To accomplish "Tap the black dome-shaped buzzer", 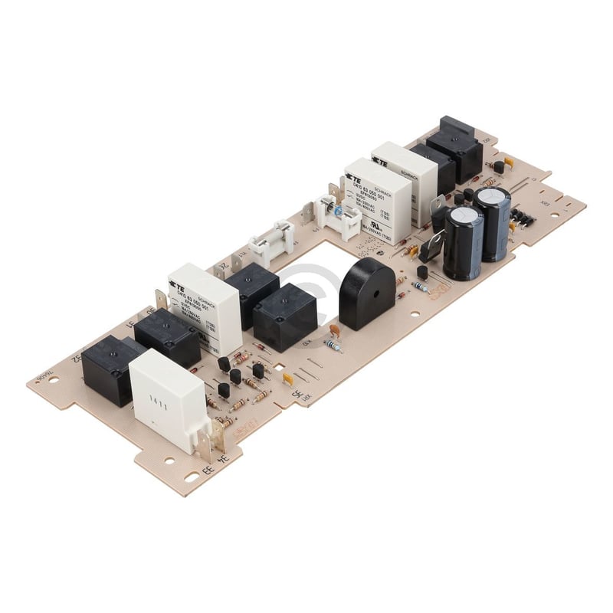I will (x=366, y=291).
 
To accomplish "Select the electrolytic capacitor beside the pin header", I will (x=492, y=222).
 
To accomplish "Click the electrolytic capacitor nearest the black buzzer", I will (x=464, y=241).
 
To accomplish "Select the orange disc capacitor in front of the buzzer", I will (x=335, y=330).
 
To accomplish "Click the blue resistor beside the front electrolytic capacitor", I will (x=421, y=286).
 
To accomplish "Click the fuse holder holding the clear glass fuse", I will (x=273, y=241).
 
